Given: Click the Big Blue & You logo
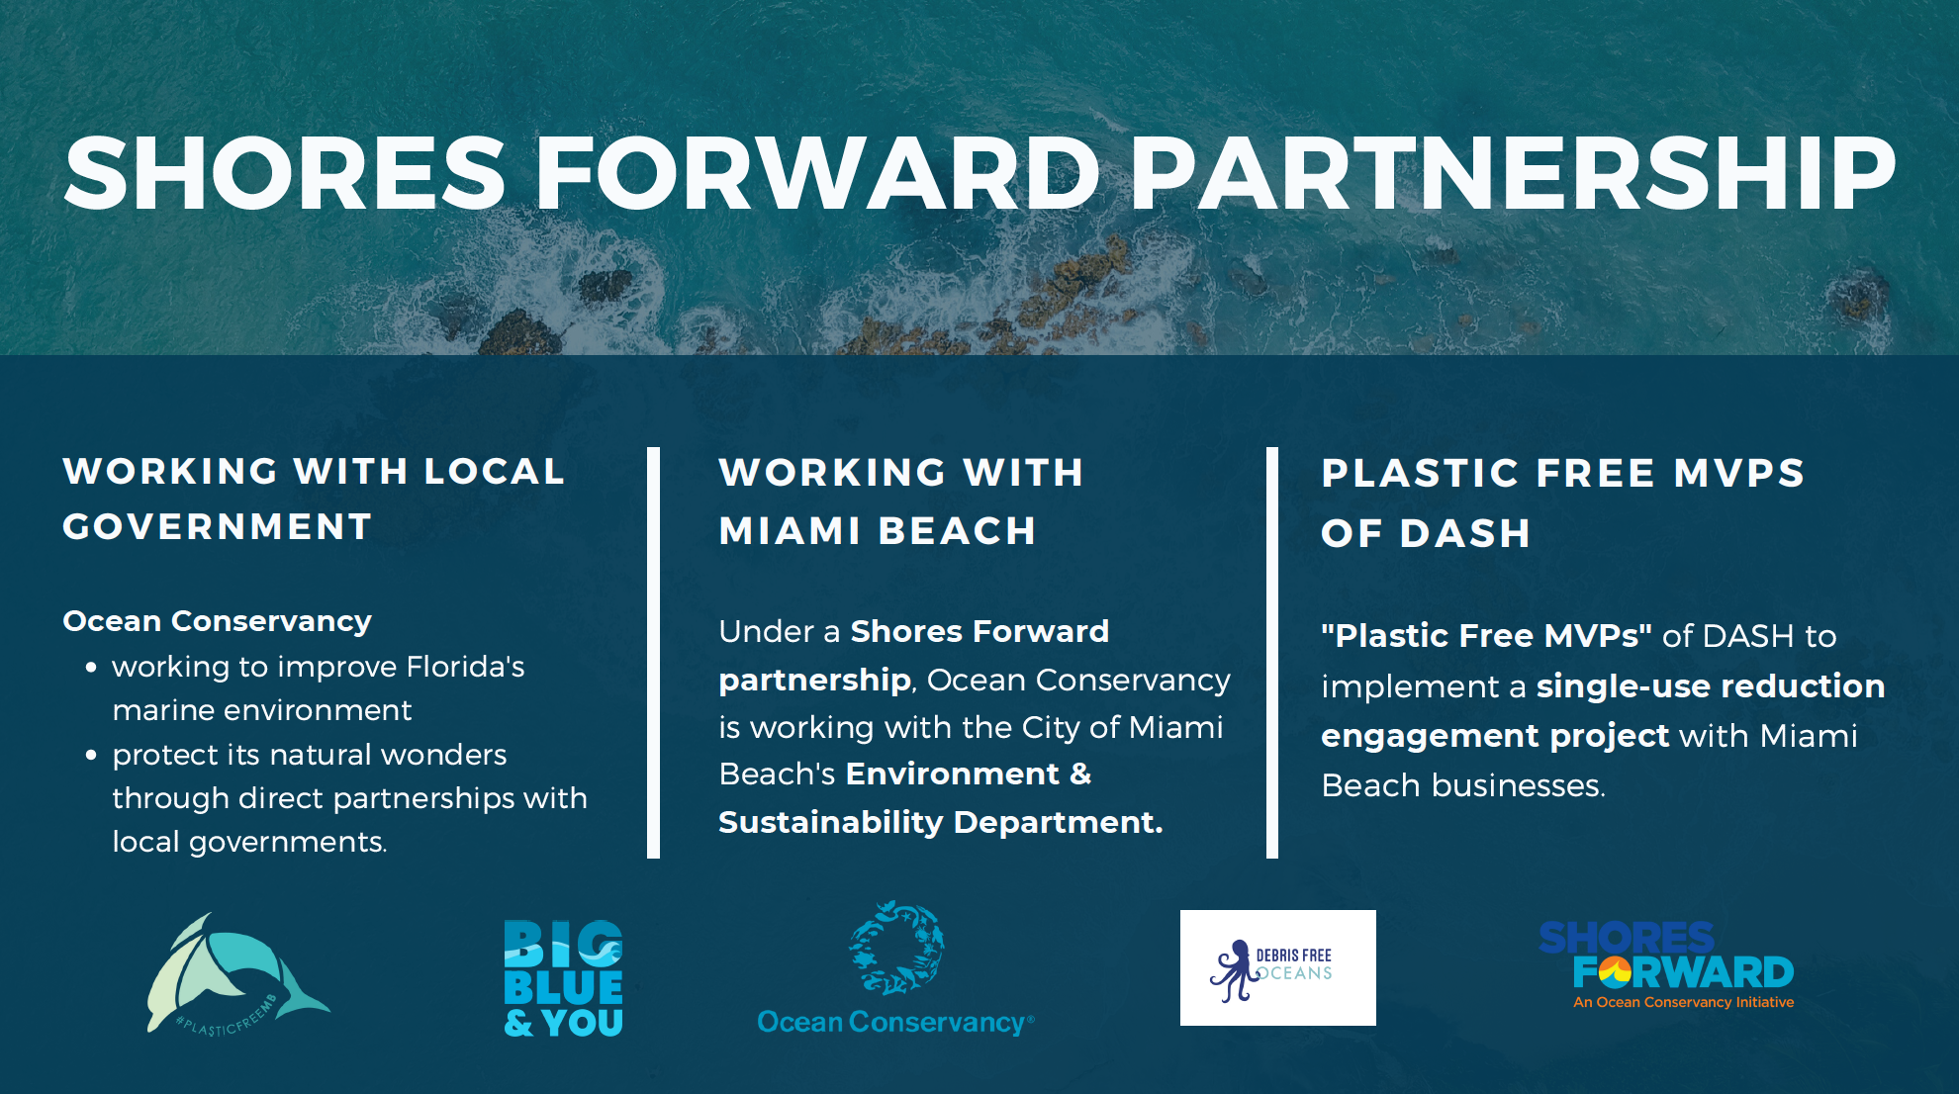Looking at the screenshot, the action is pyautogui.click(x=563, y=978).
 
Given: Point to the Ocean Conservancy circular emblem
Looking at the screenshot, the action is pyautogui.click(x=896, y=948).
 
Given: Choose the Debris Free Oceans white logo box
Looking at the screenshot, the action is pyautogui.click(x=1277, y=967).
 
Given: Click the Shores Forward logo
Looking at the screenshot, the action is pyautogui.click(x=1666, y=964).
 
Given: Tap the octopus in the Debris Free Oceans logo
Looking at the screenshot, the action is pyautogui.click(x=1233, y=970).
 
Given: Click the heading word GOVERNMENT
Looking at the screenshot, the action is pyautogui.click(x=218, y=526).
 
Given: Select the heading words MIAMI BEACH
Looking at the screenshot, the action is pyautogui.click(x=878, y=531).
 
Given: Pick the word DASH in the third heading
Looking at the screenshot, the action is pyautogui.click(x=1465, y=534).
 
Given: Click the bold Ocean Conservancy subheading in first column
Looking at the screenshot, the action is pyautogui.click(x=218, y=621).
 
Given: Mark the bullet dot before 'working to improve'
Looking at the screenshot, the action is pyautogui.click(x=91, y=668).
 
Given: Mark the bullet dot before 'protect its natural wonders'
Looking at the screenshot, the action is pyautogui.click(x=91, y=756).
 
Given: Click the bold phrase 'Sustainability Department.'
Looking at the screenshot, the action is pyautogui.click(x=941, y=822).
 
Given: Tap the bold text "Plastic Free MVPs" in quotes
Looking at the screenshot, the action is pyautogui.click(x=1487, y=635).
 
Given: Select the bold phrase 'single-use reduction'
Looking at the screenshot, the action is pyautogui.click(x=1711, y=685).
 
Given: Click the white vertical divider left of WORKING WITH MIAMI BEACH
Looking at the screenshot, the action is pyautogui.click(x=653, y=653).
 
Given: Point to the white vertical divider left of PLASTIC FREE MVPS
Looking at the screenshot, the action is pyautogui.click(x=1272, y=653).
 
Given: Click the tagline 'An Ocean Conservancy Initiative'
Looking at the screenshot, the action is pyautogui.click(x=1684, y=1002).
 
